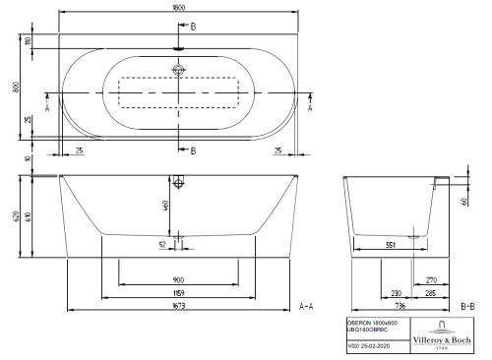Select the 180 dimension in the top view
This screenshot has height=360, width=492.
point(29,42)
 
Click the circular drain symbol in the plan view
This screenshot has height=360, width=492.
point(178,70)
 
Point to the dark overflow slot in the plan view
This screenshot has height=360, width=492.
point(178,46)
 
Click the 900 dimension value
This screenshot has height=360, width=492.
point(177,279)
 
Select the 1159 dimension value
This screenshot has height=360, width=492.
point(177,293)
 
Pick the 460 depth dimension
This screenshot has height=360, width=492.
point(167,206)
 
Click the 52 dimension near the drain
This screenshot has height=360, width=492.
point(162,246)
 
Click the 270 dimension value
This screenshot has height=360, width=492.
point(430,279)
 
